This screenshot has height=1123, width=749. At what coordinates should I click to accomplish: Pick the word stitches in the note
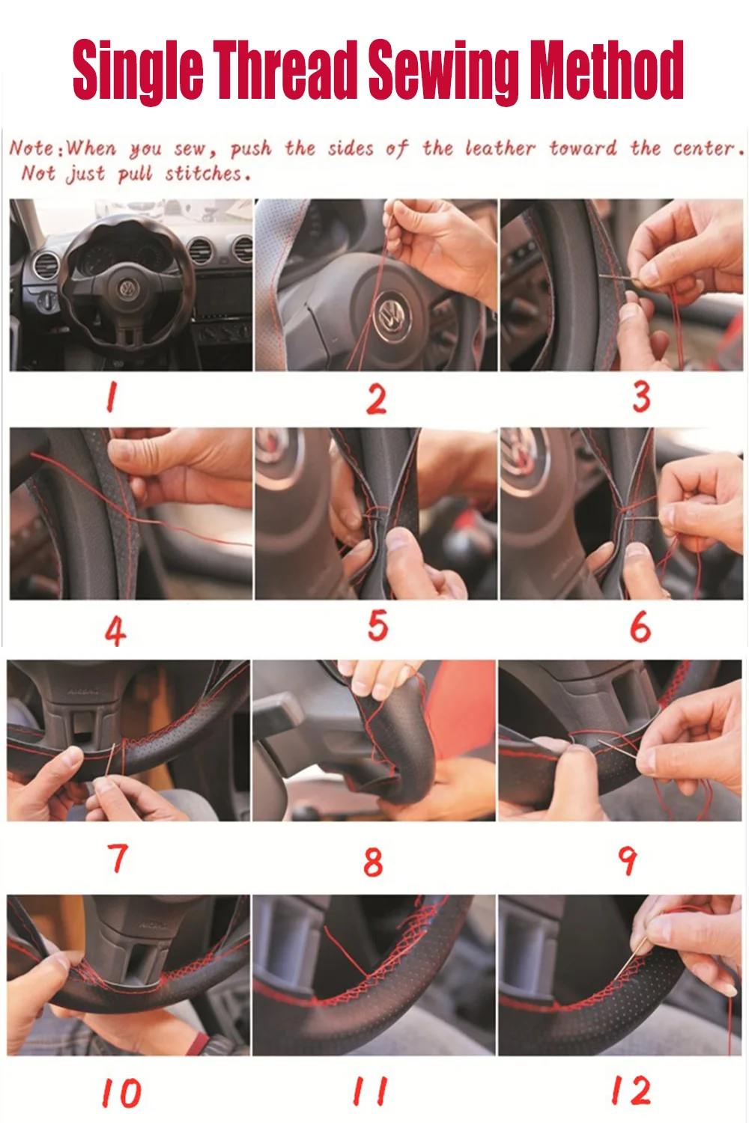(207, 174)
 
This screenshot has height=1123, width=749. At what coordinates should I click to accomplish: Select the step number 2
(377, 399)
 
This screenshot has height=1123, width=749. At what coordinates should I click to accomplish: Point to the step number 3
(641, 397)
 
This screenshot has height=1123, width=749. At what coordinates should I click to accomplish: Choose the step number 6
(640, 627)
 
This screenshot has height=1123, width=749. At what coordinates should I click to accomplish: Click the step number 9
(627, 860)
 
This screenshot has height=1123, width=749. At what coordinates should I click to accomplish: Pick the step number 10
(122, 1093)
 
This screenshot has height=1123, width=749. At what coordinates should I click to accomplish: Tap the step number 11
(371, 1090)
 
